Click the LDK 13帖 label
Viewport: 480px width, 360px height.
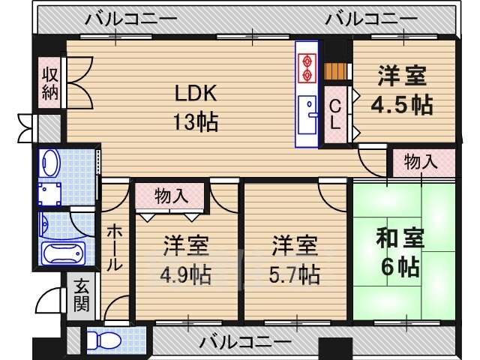tap(196, 107)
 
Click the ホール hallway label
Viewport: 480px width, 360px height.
tap(114, 247)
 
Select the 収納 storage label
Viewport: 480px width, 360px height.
tap(49, 83)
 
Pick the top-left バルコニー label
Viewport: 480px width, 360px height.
tap(131, 19)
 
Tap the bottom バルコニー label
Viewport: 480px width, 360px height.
tap(245, 342)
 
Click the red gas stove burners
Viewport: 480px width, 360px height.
tap(307, 66)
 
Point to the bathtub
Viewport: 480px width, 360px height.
tap(64, 253)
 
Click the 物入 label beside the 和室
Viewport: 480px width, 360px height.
tap(421, 160)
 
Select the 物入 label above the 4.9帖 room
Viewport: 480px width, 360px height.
tap(171, 196)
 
